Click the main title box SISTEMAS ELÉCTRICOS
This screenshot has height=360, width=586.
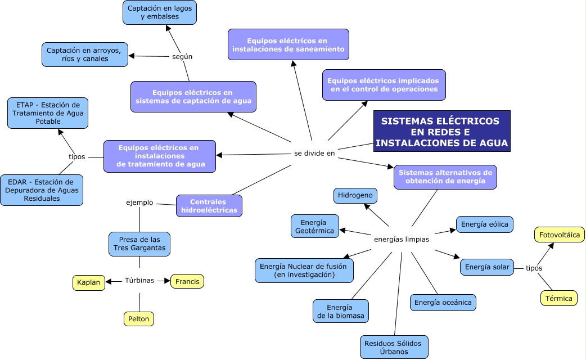click(x=441, y=132)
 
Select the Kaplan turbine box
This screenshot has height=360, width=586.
click(x=89, y=283)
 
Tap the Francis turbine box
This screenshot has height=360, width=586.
click(x=187, y=281)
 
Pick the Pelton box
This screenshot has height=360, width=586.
click(x=138, y=319)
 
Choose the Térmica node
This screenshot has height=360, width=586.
click(x=558, y=298)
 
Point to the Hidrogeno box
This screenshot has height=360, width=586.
click(x=355, y=196)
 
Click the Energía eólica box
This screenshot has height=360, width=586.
click(x=484, y=224)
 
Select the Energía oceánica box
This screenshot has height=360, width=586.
click(x=443, y=303)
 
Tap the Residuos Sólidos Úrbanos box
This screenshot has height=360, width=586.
click(x=394, y=347)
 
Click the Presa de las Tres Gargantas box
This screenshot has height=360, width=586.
click(x=139, y=244)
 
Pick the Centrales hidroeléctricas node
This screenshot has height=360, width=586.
click(x=209, y=206)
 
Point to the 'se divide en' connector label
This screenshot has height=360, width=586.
click(x=314, y=153)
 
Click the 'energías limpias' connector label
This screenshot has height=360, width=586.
click(x=401, y=239)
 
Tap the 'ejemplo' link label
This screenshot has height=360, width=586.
click(x=139, y=202)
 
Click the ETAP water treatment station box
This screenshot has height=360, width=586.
click(x=47, y=113)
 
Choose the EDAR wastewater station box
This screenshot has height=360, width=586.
click(x=42, y=190)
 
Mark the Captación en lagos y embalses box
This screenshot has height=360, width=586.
click(x=160, y=12)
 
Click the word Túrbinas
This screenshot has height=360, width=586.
click(x=139, y=280)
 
